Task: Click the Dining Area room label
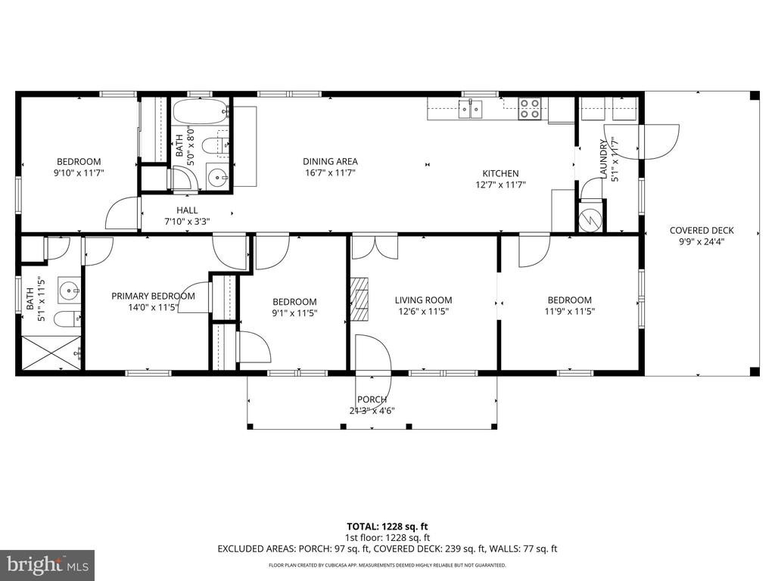[330, 161]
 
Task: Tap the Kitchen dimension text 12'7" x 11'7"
[500, 185]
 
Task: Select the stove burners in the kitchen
[529, 110]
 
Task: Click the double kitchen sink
[470, 110]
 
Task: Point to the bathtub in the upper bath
[200, 112]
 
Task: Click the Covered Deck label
[701, 231]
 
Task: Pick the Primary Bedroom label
[153, 296]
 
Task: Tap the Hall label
[187, 210]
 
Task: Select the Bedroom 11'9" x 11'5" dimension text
[569, 312]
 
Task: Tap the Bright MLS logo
[47, 564]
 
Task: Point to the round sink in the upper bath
[219, 179]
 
